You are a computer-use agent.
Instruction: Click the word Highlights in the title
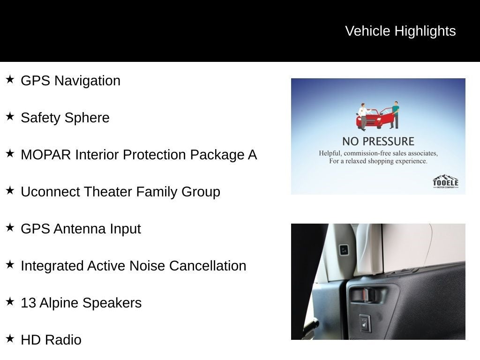(425, 31)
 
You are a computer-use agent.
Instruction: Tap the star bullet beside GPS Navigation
(10, 79)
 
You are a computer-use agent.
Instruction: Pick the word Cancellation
(208, 266)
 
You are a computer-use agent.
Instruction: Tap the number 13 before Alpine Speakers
(28, 303)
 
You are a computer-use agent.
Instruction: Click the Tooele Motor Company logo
(445, 181)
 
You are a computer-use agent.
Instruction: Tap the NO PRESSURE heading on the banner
(378, 141)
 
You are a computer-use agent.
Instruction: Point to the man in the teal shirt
(395, 115)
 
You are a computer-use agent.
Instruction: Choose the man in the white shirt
(362, 116)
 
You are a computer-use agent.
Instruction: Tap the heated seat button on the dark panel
(365, 323)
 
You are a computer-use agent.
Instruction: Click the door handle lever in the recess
(363, 295)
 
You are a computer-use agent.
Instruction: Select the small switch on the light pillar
(344, 250)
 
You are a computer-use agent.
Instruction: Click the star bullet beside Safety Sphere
(10, 116)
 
